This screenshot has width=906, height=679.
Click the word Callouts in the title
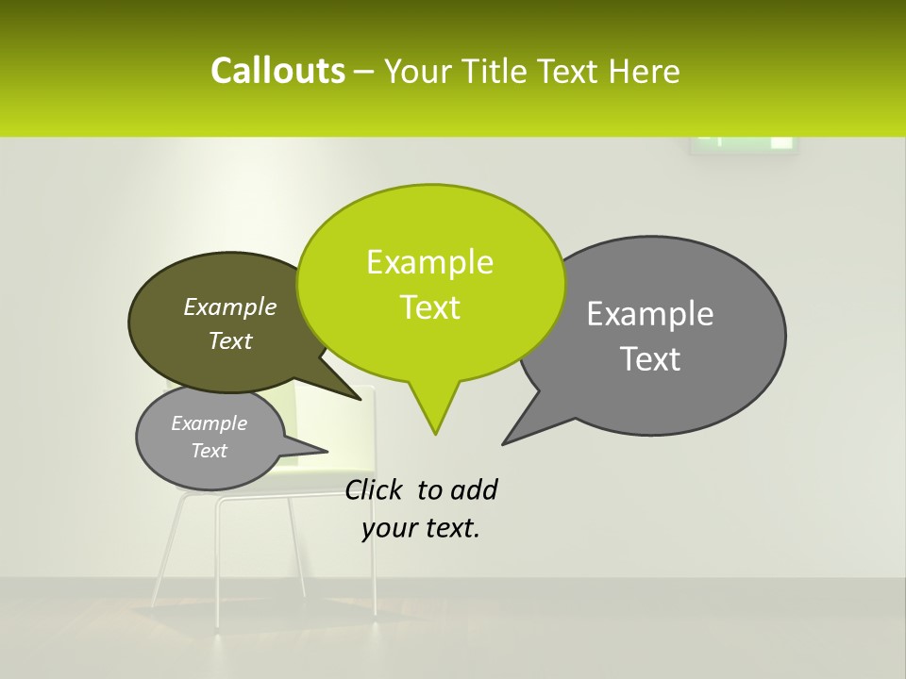[x=277, y=71]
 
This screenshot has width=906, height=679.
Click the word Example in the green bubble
[x=429, y=262]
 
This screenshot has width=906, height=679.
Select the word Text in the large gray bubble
[x=650, y=359]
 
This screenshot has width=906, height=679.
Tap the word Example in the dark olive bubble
[x=229, y=307]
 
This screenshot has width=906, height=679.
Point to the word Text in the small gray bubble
[x=209, y=451]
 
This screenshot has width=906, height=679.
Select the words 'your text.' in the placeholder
[x=421, y=528]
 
